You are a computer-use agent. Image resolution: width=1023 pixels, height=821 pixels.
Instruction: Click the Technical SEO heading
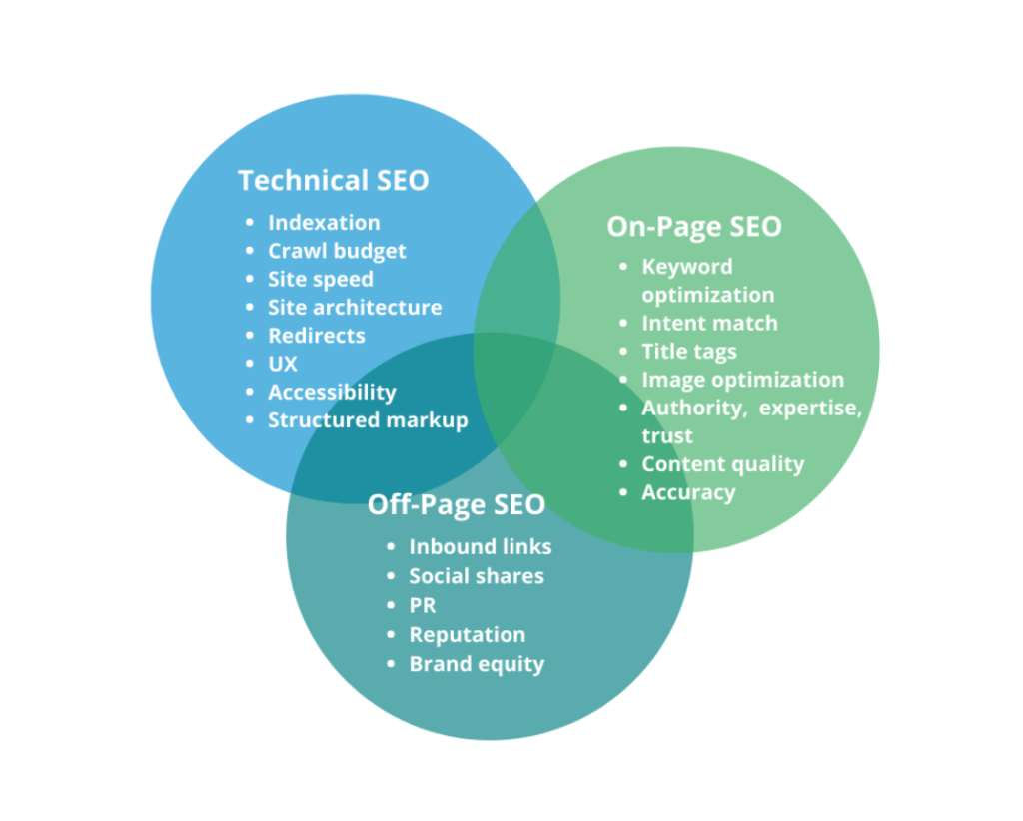[x=333, y=180]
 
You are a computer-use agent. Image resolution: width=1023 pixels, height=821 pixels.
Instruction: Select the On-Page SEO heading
[x=694, y=226]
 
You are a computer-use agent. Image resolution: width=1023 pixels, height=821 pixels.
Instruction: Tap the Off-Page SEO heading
[x=456, y=504]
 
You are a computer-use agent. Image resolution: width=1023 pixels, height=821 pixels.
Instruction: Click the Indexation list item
[x=324, y=222]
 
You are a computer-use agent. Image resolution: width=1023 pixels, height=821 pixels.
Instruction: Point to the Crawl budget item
[x=337, y=251]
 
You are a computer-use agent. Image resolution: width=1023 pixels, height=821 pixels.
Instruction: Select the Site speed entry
[x=320, y=279]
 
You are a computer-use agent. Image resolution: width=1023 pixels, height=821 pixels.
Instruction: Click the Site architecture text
[x=355, y=307]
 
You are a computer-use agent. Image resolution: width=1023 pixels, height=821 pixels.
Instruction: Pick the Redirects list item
[x=316, y=336]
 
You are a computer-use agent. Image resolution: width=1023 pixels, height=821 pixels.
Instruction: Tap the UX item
[x=282, y=364]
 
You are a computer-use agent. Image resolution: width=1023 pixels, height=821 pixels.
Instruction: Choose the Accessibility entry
[x=332, y=392]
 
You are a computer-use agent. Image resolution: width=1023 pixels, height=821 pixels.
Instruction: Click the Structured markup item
[x=368, y=420]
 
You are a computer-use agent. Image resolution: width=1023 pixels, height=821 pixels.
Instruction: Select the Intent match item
[x=709, y=323]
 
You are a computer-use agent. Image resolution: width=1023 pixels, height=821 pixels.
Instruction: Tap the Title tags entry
[x=689, y=352]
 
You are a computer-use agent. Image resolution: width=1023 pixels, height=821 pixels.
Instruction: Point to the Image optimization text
[x=742, y=380]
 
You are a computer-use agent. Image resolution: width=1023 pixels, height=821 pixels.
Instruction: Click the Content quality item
[x=722, y=464]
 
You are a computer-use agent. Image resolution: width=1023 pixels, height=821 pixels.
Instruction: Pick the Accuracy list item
[x=688, y=492]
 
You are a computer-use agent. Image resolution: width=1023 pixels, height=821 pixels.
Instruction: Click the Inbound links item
[x=480, y=546]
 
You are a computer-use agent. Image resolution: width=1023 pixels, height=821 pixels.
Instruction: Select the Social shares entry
[x=477, y=576]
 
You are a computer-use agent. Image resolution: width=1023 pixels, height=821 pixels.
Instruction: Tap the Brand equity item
[x=477, y=664]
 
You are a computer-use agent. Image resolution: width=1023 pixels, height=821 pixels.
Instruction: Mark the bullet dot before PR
[x=392, y=606]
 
